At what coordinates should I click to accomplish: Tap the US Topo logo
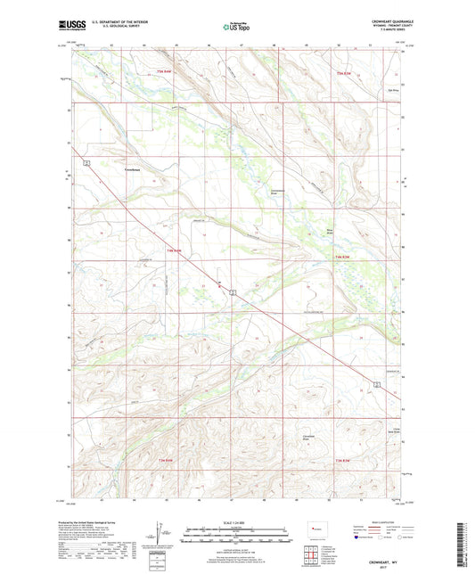[237, 27]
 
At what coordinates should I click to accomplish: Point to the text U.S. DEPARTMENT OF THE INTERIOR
[118, 23]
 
